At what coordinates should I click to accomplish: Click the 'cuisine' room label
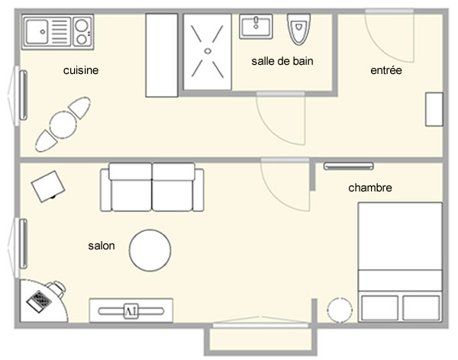(82, 70)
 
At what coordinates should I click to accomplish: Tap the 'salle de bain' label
(282, 61)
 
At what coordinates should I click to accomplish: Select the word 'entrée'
(385, 70)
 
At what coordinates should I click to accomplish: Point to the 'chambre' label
(370, 188)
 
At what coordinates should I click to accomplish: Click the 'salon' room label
(102, 246)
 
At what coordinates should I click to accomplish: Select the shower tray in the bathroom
(207, 50)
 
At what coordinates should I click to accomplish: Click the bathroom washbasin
(256, 27)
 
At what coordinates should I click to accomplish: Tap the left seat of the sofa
(131, 189)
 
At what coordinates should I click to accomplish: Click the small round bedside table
(339, 309)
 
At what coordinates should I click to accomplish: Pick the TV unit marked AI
(130, 310)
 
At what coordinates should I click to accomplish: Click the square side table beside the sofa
(48, 185)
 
